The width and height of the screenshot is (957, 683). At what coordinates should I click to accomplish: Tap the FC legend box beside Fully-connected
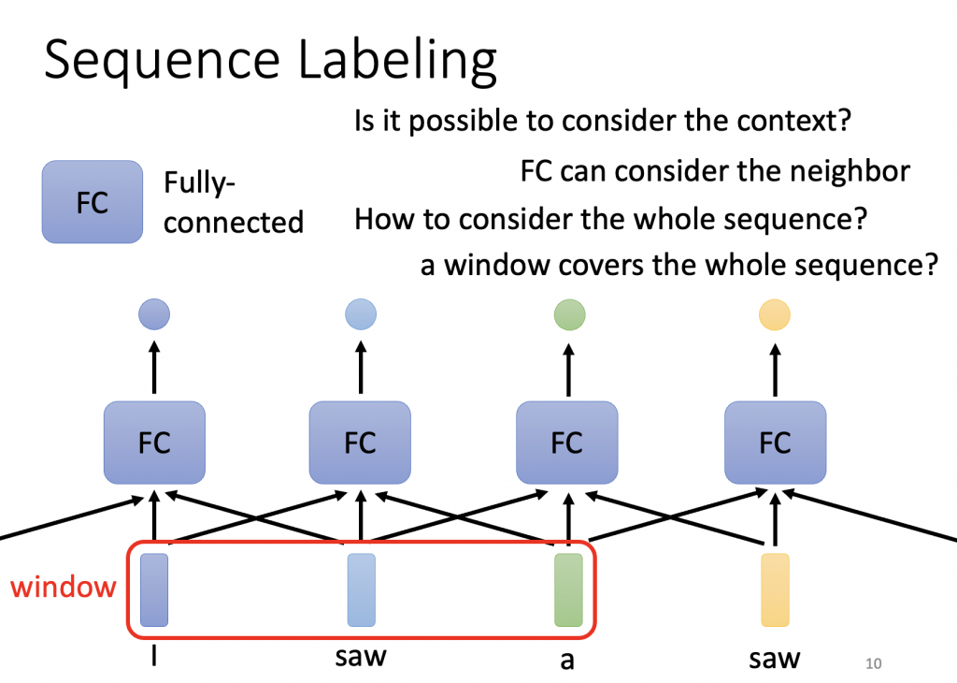[92, 202]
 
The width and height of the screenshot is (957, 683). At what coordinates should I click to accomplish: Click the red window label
[64, 588]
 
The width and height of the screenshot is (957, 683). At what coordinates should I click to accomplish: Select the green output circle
[569, 313]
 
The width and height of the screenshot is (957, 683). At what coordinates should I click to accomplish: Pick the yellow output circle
[774, 313]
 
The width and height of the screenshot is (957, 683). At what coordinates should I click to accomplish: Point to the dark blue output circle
[154, 313]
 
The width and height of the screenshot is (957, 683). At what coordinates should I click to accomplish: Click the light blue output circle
[360, 313]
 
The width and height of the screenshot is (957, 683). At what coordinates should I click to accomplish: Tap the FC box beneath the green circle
[567, 442]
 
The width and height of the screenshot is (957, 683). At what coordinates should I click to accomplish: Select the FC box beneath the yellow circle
[775, 442]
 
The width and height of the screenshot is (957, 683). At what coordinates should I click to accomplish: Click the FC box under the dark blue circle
[154, 442]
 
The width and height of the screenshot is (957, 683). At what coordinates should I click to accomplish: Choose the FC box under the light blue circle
[360, 442]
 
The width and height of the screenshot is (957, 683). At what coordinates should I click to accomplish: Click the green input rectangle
[568, 589]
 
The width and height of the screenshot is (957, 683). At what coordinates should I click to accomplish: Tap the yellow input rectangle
[775, 589]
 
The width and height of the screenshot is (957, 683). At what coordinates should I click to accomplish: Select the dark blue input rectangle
[154, 589]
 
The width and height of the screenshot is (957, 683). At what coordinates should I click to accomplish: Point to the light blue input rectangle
[361, 589]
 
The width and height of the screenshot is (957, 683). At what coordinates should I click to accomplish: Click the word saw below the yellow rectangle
[775, 658]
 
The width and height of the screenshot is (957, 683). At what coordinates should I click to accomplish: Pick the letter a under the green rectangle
[566, 660]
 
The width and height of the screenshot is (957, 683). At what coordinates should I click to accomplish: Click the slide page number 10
[874, 663]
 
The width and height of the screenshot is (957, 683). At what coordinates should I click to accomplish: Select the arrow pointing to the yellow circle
[775, 360]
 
